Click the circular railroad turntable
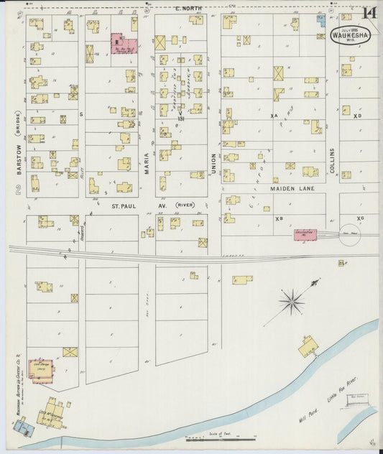click(x=350, y=235)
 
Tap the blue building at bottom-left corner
click(x=23, y=428)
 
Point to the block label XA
click(x=274, y=116)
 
